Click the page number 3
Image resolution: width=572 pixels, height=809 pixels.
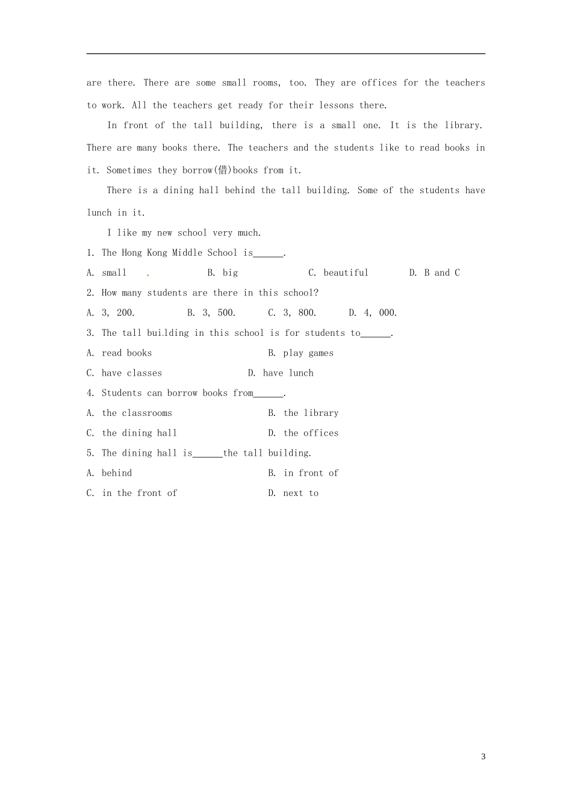click(483, 757)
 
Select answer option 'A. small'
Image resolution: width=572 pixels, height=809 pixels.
click(107, 273)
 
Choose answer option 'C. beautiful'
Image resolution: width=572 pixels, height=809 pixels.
click(338, 273)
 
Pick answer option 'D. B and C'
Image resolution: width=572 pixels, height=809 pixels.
click(434, 273)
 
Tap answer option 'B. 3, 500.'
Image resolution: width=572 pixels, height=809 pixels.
click(211, 312)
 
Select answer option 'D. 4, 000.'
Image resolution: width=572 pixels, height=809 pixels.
click(373, 312)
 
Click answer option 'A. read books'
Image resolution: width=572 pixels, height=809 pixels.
click(119, 353)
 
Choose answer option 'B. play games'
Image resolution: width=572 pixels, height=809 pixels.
click(300, 353)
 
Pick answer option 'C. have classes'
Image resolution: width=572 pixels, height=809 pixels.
click(124, 373)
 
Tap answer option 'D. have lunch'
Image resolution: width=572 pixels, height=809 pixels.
click(281, 373)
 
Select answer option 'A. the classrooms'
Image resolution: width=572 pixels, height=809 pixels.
click(129, 413)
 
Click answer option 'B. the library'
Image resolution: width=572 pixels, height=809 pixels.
click(303, 413)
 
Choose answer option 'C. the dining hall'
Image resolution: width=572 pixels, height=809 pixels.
click(132, 433)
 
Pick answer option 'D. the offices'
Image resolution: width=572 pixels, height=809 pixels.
click(303, 433)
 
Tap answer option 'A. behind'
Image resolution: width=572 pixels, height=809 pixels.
click(109, 473)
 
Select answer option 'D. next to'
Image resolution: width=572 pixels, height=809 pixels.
click(293, 493)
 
